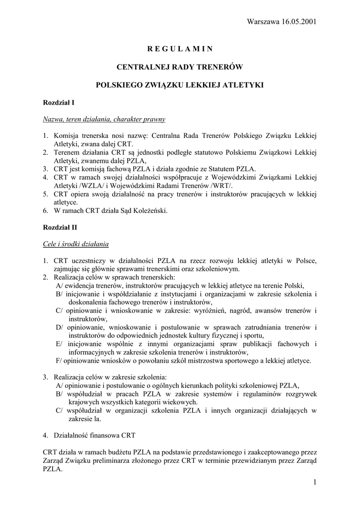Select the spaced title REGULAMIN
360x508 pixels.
(180, 49)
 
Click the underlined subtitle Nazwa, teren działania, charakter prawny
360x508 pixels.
(104, 119)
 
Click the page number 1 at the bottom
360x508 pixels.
(315, 482)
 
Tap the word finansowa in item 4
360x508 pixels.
(108, 436)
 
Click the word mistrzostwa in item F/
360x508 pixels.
(201, 360)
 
